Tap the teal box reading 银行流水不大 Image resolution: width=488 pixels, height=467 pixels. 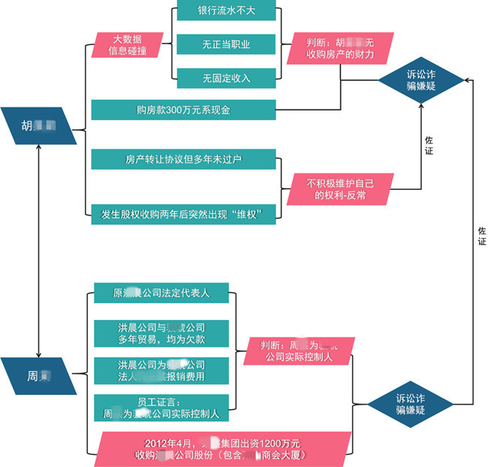click(225, 13)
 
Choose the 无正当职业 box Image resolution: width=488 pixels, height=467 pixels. click(225, 44)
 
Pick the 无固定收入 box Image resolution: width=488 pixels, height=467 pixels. click(225, 77)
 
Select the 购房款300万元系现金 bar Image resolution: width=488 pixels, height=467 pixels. click(183, 110)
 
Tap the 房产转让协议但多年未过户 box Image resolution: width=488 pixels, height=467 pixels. click(183, 160)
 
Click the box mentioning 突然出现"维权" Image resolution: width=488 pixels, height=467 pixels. click(183, 213)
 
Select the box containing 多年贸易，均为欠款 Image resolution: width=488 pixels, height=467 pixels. click(161, 333)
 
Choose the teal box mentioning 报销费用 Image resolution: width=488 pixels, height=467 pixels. click(161, 370)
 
